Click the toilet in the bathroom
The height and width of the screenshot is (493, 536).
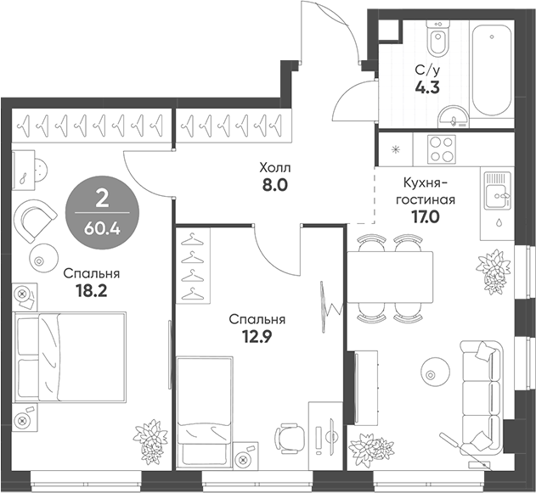[437, 38]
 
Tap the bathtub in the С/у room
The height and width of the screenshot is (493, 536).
[492, 70]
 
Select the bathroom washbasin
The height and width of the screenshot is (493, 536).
[454, 116]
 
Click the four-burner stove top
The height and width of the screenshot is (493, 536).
[442, 148]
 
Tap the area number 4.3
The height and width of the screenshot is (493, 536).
[427, 87]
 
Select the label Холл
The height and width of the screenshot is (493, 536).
[275, 168]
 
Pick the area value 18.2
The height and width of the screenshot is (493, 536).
[91, 291]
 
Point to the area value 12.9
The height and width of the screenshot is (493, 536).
[257, 338]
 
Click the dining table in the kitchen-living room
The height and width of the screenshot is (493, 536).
[390, 277]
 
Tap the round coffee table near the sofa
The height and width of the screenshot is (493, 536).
[435, 374]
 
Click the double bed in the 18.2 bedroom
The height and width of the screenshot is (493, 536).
[70, 357]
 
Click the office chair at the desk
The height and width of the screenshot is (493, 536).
[289, 438]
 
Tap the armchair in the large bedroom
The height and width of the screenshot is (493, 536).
[35, 220]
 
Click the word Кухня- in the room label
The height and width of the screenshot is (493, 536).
[425, 183]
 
